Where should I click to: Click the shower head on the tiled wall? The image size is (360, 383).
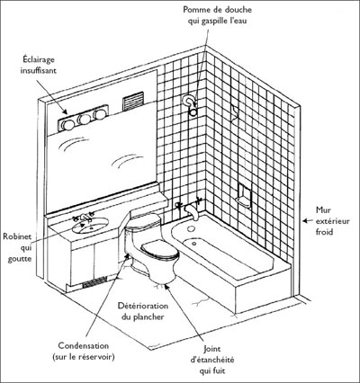pos(192,111)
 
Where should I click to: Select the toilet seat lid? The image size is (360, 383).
pos(159,250)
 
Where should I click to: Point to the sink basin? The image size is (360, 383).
pos(90,226)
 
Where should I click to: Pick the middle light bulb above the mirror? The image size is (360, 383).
pos(84,120)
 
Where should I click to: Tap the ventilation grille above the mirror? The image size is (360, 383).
pos(133,100)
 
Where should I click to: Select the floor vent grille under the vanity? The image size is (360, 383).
pos(94,282)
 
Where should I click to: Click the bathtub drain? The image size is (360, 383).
pos(193,244)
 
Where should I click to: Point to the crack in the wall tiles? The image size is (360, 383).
pos(235,114)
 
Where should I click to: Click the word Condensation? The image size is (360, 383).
pos(83,345)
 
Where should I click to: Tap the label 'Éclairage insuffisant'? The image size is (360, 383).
pos(38,65)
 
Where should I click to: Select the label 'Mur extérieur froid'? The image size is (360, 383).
pos(332,221)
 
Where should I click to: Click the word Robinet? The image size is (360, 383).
pos(17,236)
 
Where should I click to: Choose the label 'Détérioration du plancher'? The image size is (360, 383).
pos(143,311)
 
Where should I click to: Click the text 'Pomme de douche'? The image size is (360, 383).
pos(218,10)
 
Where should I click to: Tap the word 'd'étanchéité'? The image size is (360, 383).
pos(212,360)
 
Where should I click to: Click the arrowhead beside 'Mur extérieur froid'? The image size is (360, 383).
pos(305,221)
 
